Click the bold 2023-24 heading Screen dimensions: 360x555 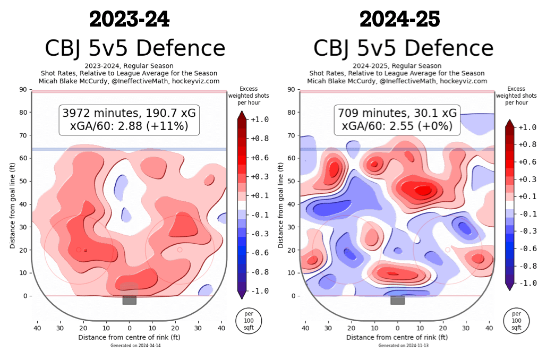pos(130,19)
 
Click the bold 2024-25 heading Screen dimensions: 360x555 pos(399,19)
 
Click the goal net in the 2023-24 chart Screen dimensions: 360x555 pos(129,300)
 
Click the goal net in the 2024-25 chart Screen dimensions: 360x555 pos(397,300)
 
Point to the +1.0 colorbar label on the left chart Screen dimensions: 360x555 pos(260,120)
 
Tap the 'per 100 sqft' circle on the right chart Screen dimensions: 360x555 pos(516,321)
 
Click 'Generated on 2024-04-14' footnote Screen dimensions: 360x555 pos(129,346)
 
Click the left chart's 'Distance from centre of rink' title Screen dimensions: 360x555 pos(129,337)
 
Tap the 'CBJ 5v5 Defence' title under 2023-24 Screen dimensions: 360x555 pos(135,48)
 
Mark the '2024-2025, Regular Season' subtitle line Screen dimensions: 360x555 pos(397,66)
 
